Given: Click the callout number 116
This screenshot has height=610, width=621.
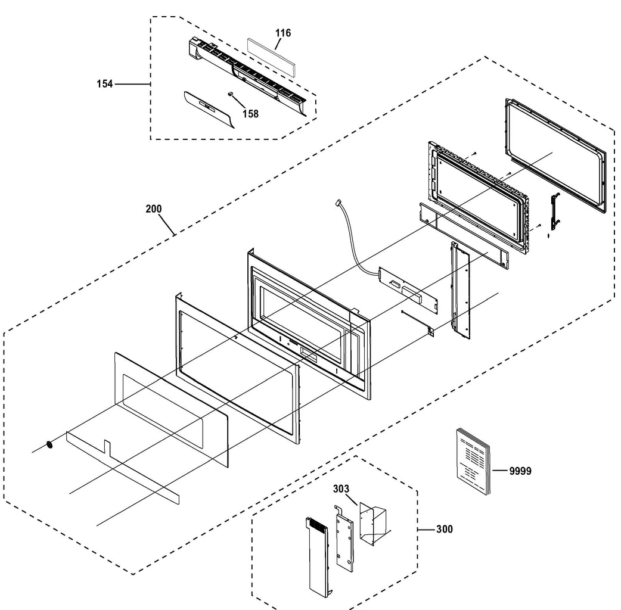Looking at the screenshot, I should [x=283, y=33].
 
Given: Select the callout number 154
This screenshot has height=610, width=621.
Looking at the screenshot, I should [x=105, y=84].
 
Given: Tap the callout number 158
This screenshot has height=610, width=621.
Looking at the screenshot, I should [x=250, y=114].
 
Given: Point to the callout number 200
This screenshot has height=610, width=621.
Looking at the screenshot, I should [x=154, y=209].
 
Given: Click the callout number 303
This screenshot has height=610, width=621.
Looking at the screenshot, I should [x=341, y=489].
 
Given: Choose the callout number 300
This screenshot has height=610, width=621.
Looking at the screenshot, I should [x=444, y=529].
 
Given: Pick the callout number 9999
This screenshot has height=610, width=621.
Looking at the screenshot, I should [x=520, y=471].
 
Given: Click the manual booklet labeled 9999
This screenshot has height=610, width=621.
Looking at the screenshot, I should [x=473, y=462].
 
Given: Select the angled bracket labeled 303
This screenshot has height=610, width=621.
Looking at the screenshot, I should [x=372, y=523].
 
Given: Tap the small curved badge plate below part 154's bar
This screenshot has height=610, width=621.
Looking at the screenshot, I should [x=209, y=109].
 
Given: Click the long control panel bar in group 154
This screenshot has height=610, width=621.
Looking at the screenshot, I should [x=250, y=74].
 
